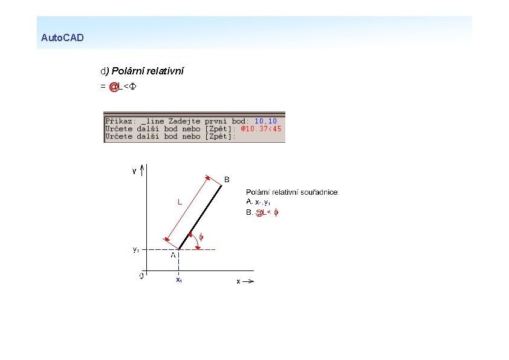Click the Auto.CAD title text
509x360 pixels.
[x=62, y=38]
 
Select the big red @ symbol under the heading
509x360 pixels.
[x=113, y=87]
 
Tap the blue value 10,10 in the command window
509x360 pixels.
[x=265, y=121]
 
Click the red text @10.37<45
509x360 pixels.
[x=261, y=129]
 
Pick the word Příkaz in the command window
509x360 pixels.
[x=119, y=121]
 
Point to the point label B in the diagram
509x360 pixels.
[x=227, y=179]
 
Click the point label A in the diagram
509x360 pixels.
[x=173, y=255]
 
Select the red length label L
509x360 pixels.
[x=180, y=203]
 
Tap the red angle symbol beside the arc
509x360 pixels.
[x=201, y=237]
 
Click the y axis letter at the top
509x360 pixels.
[x=134, y=171]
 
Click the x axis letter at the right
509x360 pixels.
[x=238, y=281]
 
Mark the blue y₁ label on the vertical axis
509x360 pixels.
[x=136, y=249]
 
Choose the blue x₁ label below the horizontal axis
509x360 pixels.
[x=179, y=280]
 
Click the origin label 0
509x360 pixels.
[x=141, y=276]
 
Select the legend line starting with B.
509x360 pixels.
[x=264, y=212]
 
